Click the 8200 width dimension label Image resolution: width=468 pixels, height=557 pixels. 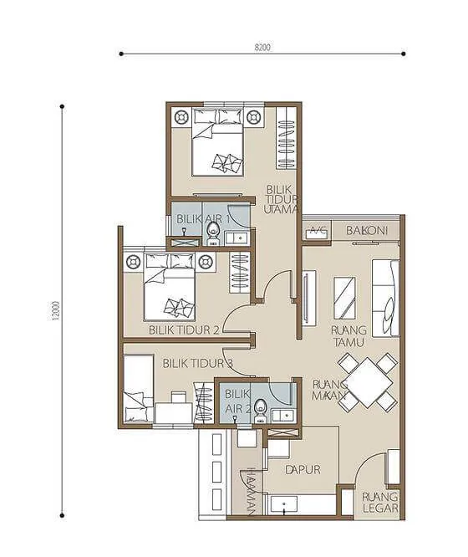tap(262, 47)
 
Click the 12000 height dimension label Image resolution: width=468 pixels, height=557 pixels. tap(57, 310)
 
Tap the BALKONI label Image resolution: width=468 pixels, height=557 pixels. tap(367, 230)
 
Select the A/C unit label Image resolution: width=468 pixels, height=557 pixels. tap(317, 230)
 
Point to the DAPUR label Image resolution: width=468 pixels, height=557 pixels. tap(303, 470)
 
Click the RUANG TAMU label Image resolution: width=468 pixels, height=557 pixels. tap(348, 336)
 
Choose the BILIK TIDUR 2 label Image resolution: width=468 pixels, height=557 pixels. tap(184, 330)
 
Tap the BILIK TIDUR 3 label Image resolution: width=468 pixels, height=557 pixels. tap(198, 364)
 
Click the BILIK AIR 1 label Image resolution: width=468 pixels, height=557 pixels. tap(203, 219)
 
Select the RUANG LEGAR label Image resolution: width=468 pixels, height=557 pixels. tap(379, 503)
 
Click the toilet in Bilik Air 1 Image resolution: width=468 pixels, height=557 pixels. tap(213, 233)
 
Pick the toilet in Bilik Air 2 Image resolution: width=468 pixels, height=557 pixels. tap(260, 411)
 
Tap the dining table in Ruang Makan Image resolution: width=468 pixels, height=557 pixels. tap(368, 382)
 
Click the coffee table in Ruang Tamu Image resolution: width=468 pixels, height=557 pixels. tap(344, 298)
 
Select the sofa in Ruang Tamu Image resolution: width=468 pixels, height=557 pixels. tap(385, 298)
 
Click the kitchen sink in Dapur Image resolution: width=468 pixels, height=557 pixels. tap(284, 505)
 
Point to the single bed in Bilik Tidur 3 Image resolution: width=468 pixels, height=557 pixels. tap(139, 388)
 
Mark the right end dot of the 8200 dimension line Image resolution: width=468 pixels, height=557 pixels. tap(404, 54)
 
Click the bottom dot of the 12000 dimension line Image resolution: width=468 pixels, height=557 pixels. tap(62, 515)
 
